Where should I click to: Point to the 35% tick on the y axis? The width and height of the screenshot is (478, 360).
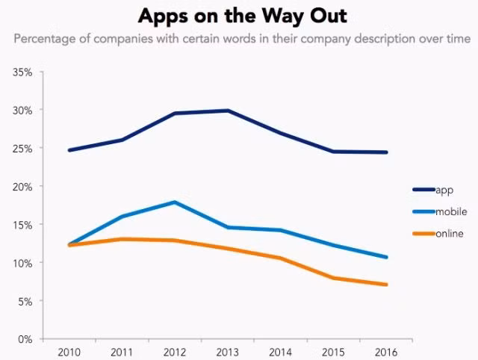(22, 72)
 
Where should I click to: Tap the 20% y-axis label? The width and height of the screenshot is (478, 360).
(22, 187)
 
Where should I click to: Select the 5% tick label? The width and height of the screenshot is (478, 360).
(24, 301)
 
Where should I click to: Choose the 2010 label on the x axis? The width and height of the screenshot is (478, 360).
(69, 352)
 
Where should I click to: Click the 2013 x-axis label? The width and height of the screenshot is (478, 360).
(227, 352)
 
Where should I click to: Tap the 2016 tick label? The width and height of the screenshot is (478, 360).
(385, 352)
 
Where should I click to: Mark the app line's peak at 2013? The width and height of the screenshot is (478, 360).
(227, 111)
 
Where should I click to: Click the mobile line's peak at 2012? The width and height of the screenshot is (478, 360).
(175, 202)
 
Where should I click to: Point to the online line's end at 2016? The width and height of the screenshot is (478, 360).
(385, 285)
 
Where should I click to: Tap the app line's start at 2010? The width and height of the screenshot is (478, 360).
(69, 150)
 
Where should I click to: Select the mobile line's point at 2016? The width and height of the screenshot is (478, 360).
(385, 257)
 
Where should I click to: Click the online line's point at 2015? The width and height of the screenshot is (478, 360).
(333, 278)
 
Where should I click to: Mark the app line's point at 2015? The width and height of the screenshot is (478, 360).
(333, 152)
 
